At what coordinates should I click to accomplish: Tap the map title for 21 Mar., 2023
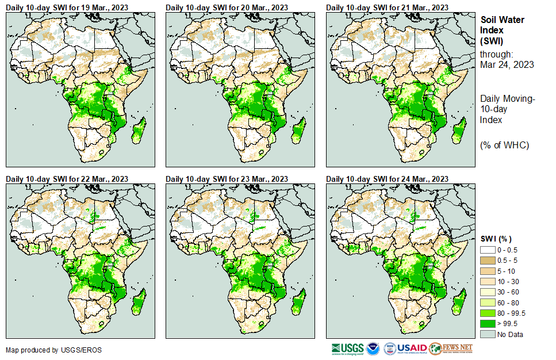coord(387,7)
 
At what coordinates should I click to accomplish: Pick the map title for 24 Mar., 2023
coord(387,179)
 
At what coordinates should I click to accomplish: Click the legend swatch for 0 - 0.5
coord(487,250)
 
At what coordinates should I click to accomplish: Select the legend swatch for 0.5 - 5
coord(487,261)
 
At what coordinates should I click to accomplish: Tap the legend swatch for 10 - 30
coord(487,281)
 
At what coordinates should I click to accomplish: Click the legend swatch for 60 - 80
coord(487,302)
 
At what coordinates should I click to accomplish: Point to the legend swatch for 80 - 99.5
coord(487,313)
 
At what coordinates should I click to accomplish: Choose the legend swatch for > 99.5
coord(487,324)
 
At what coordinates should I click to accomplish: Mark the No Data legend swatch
coord(487,334)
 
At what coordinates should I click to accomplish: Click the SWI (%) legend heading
coord(496,239)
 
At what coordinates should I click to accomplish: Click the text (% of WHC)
coord(504,145)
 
